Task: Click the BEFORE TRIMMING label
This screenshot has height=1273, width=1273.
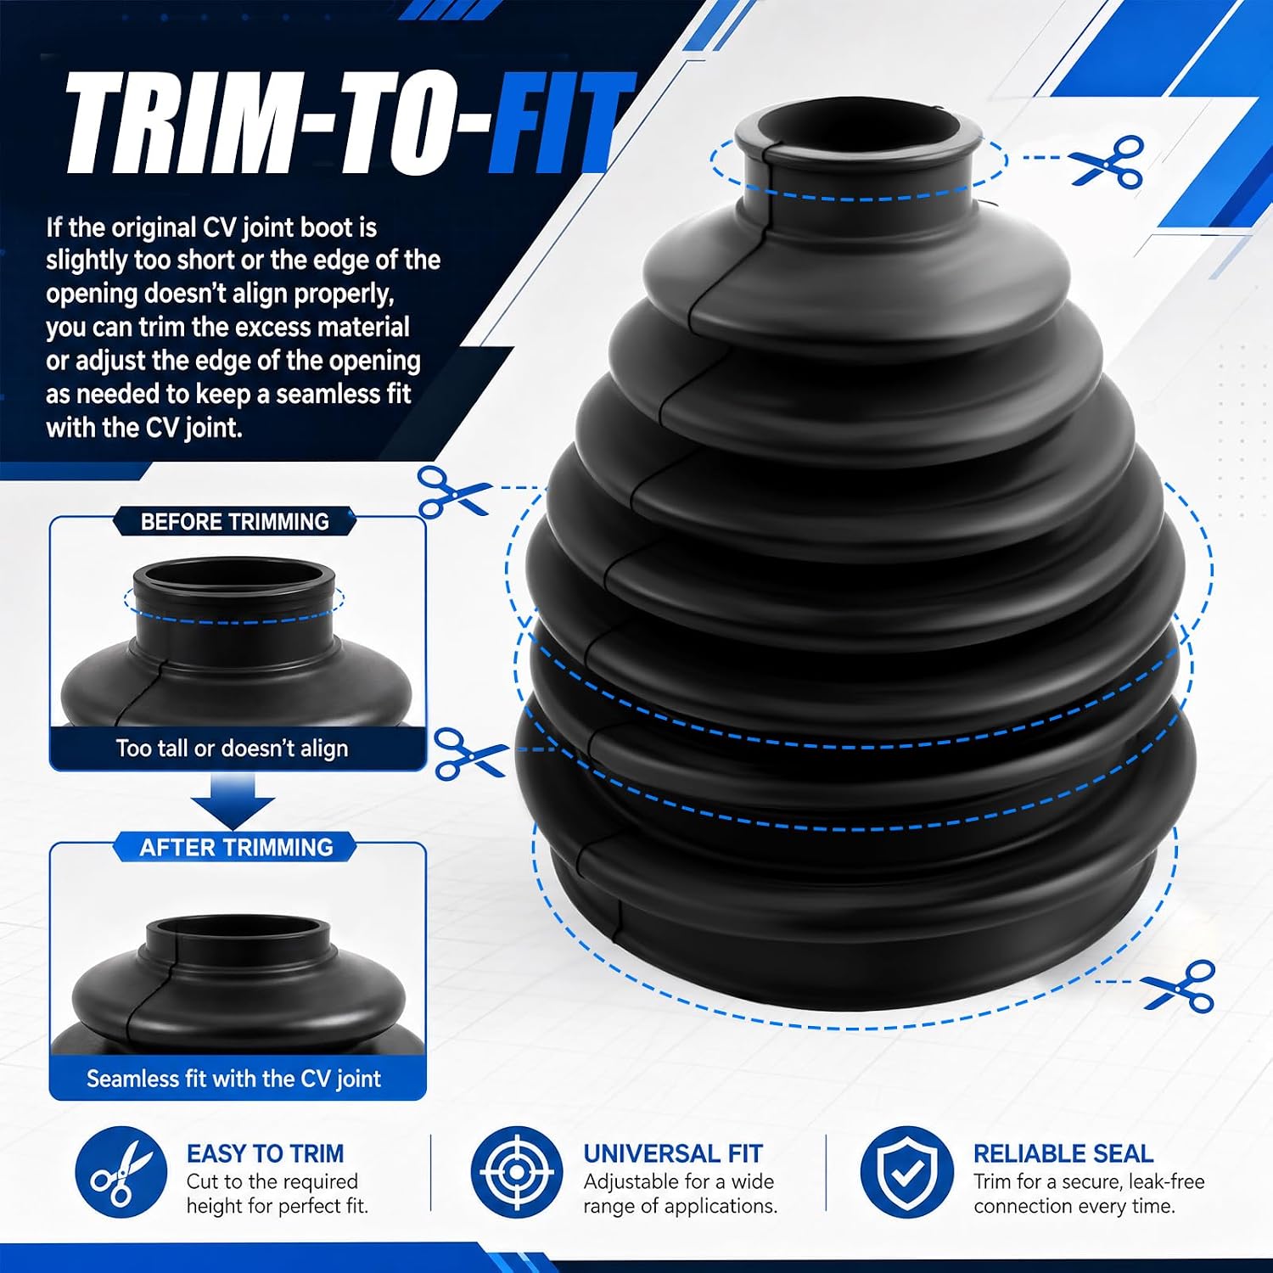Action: (x=235, y=521)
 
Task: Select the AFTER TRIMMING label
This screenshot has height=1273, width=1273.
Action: (x=236, y=847)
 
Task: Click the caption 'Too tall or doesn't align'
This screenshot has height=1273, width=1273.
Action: (x=232, y=749)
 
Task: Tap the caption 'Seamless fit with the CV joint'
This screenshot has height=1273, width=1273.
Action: (x=233, y=1079)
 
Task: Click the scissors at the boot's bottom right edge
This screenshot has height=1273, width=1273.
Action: (x=1180, y=986)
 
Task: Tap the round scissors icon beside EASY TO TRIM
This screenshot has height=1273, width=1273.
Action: (x=120, y=1172)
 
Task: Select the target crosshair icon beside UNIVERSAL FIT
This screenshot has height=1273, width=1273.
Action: (x=516, y=1172)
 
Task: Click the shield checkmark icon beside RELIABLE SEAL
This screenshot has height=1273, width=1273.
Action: (x=906, y=1172)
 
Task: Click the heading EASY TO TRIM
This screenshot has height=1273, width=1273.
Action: (x=265, y=1153)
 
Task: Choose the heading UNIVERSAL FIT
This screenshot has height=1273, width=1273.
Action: (x=673, y=1153)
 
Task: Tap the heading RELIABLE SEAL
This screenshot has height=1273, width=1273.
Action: (x=1063, y=1153)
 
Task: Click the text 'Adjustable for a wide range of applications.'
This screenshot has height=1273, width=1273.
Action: (x=680, y=1193)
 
